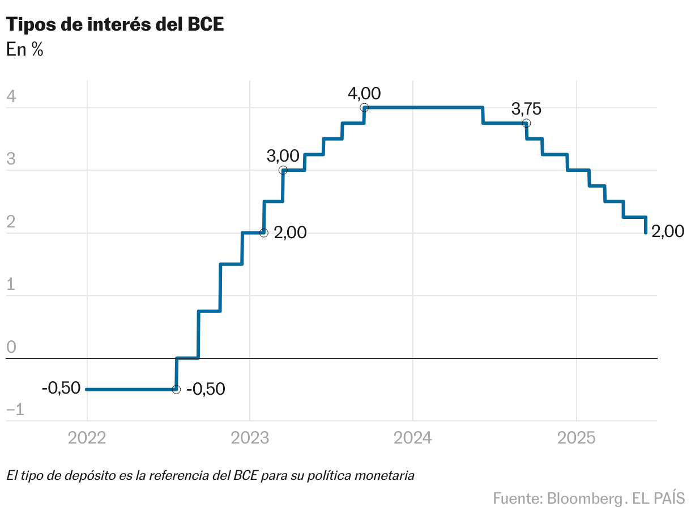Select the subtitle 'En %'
[25, 49]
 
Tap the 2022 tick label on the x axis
[87, 438]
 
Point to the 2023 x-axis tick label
[250, 438]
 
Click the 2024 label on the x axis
[413, 438]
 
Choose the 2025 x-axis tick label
[576, 438]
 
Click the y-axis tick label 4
[11, 97]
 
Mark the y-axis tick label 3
[11, 159]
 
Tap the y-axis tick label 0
[11, 348]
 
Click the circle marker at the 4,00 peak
[364, 107]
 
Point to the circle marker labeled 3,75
[526, 123]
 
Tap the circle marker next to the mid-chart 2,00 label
[263, 233]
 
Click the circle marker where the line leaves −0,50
[176, 389]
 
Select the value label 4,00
[365, 93]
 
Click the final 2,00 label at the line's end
[668, 231]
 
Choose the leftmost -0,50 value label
[61, 389]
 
